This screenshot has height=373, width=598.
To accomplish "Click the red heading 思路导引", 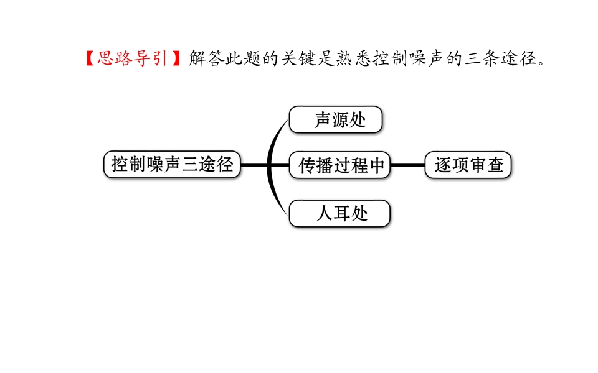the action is (x=132, y=58).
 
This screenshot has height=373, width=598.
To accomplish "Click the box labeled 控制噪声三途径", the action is (x=172, y=164).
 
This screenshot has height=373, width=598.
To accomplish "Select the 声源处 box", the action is (x=336, y=119).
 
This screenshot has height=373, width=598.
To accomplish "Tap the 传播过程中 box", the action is (x=340, y=165).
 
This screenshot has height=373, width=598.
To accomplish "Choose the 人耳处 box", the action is (x=339, y=213).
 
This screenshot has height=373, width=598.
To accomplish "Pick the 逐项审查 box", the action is (x=468, y=165).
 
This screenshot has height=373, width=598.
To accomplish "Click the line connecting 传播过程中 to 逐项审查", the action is (x=407, y=165).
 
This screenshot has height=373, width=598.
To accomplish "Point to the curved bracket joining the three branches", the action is (x=269, y=167).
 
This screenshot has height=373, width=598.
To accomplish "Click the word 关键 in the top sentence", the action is (x=300, y=58).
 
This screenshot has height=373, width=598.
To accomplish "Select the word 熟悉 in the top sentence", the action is (x=354, y=58).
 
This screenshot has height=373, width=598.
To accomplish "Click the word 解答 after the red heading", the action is (x=207, y=58).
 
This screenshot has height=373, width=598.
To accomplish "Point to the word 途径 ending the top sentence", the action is (x=519, y=58).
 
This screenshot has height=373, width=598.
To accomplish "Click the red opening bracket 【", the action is (x=90, y=58).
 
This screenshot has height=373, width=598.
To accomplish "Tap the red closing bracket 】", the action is (x=176, y=58).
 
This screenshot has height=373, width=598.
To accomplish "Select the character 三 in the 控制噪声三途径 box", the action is (x=189, y=164).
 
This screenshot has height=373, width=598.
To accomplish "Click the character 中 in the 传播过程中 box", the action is (x=376, y=165).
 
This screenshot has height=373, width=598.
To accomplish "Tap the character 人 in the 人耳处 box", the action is (x=325, y=213).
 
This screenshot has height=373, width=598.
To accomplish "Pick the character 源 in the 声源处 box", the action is (x=340, y=120).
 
